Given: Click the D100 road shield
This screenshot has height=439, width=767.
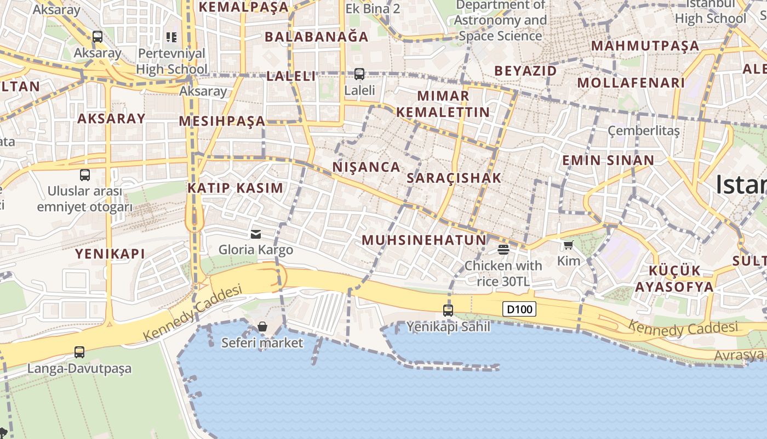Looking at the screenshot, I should (519, 309).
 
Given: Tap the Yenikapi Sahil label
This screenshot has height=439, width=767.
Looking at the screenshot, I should (448, 327).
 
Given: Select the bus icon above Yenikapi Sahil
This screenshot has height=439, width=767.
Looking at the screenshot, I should (448, 311).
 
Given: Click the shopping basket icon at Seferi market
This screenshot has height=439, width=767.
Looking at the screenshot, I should (262, 327).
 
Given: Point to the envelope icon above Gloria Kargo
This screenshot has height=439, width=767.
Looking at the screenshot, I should (256, 234).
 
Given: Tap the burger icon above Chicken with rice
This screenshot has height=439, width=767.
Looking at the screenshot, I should (503, 250).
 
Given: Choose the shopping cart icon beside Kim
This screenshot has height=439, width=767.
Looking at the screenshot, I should (568, 245).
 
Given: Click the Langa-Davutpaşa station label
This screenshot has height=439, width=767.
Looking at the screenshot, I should (79, 368).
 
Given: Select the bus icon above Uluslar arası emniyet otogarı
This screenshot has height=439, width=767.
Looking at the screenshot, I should (85, 175).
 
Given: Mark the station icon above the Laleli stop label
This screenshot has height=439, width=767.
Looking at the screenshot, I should (359, 74).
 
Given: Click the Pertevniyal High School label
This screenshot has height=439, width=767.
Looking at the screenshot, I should (171, 61).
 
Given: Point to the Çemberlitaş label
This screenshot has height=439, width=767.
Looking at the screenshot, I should (644, 131).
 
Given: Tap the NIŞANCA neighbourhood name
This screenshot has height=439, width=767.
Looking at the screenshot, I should (367, 167).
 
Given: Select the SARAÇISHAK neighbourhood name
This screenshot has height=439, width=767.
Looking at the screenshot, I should (454, 178).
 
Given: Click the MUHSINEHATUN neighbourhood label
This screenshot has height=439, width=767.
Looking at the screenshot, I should (424, 240).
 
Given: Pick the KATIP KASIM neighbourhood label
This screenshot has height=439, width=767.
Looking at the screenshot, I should (236, 188).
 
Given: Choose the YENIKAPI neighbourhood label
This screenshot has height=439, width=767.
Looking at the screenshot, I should (110, 253).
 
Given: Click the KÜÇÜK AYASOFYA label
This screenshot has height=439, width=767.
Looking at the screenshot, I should (674, 279).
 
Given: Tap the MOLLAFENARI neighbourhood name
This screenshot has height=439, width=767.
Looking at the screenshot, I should (631, 83).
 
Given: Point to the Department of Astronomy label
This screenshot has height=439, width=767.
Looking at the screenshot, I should (500, 21).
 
